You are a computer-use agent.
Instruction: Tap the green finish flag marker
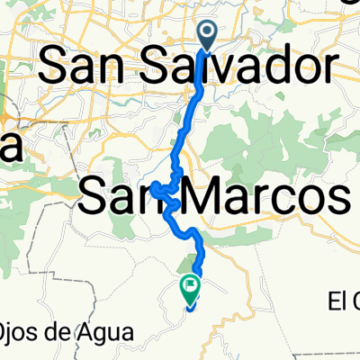tap(190, 288)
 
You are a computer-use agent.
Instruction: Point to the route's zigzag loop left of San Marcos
tap(159, 190)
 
